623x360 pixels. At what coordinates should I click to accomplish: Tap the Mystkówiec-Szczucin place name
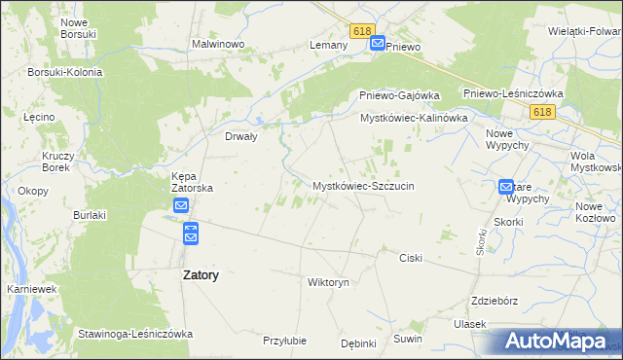363,185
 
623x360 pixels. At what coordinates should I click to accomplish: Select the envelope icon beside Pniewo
378,44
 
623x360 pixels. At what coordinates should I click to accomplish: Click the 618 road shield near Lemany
362,32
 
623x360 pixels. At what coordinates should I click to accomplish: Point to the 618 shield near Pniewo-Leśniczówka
543,113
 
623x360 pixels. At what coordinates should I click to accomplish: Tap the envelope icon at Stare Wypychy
507,186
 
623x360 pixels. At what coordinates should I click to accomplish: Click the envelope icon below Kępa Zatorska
182,206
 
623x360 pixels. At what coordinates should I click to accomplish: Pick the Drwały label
240,137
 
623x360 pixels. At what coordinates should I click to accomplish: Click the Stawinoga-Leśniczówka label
135,334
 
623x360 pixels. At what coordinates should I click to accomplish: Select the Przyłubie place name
285,341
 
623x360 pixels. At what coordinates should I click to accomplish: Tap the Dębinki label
358,342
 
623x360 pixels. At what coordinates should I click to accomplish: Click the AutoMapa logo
558,341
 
